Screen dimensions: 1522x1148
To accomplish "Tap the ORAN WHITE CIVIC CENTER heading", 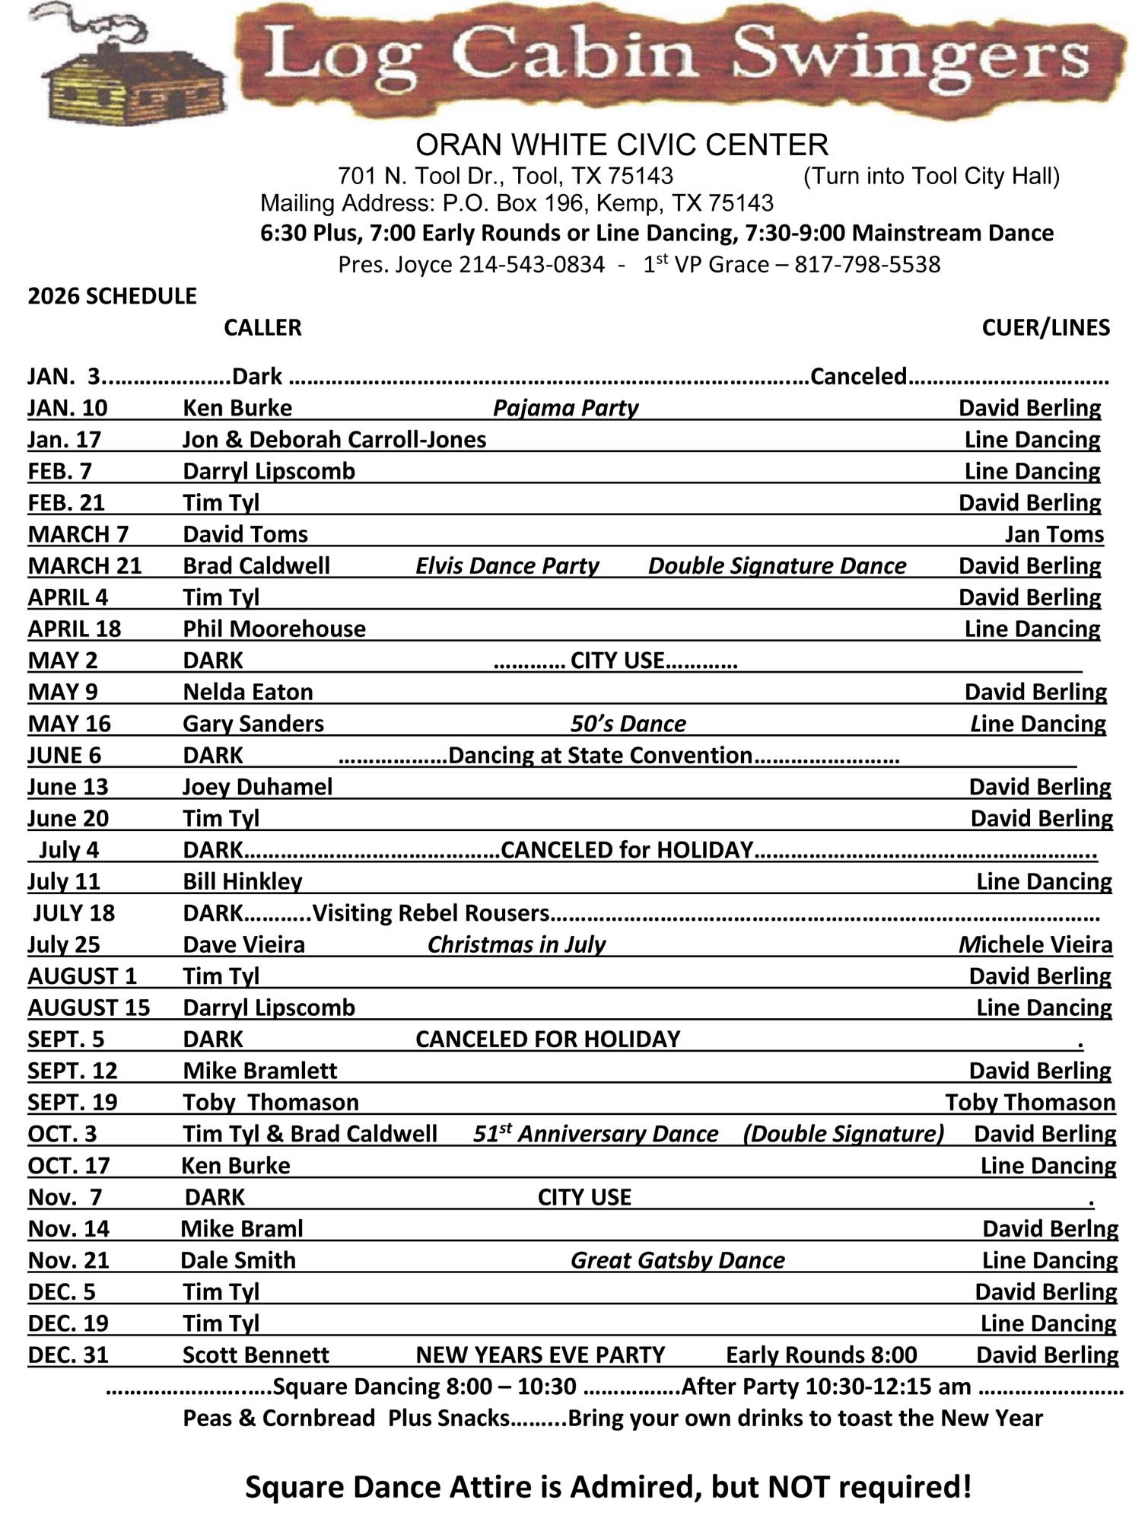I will (621, 145).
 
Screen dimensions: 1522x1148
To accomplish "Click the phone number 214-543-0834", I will (531, 265).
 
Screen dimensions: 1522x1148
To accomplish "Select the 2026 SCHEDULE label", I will (112, 296).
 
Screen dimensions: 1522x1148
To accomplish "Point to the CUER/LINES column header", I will (1045, 327).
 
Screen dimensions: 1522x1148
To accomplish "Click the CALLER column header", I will (262, 327).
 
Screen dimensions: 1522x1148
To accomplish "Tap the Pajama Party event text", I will (565, 408).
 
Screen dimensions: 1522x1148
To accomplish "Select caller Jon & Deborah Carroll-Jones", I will (334, 440).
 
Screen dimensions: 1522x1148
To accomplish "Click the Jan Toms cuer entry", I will (1054, 534).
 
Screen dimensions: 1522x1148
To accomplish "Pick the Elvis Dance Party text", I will (507, 566).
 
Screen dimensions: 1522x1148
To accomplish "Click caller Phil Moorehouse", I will (274, 629).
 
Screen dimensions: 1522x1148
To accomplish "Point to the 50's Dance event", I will (628, 724).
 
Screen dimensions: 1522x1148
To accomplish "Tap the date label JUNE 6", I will (64, 755).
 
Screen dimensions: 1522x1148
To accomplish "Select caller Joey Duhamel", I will (257, 787).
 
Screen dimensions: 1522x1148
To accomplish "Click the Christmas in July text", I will (517, 944).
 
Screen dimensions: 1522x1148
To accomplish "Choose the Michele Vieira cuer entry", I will (1035, 944).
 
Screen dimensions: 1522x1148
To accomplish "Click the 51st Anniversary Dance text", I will (596, 1134).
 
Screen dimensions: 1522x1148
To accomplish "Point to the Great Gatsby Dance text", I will (677, 1260).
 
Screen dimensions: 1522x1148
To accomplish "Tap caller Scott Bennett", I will (256, 1355).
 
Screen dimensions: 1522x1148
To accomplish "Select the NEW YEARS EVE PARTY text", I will (540, 1355).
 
